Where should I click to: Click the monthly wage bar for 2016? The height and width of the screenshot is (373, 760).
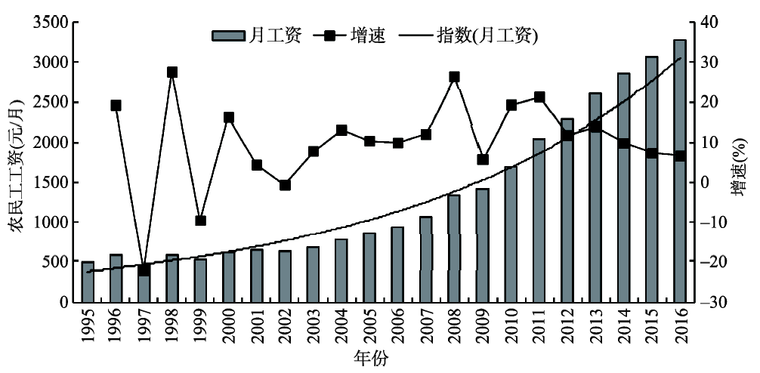(680, 171)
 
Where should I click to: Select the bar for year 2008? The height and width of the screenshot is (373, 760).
(454, 248)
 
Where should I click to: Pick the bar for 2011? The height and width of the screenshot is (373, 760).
(539, 220)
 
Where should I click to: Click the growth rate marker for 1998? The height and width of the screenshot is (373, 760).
(172, 72)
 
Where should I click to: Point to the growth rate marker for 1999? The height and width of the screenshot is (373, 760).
(200, 220)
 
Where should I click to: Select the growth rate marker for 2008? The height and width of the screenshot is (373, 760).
(454, 77)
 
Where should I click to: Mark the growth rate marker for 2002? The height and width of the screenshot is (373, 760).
(285, 185)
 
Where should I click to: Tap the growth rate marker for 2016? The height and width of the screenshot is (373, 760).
(680, 156)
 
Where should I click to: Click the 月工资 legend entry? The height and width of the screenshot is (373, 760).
(256, 35)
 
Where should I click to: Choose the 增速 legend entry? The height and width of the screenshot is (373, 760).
(355, 35)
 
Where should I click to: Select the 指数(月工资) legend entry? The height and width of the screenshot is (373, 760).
(468, 35)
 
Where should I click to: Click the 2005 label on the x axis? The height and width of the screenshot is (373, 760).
(369, 325)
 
